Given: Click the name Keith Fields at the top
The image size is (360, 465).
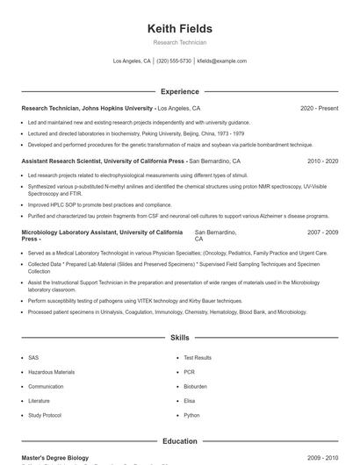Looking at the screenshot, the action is [180, 29].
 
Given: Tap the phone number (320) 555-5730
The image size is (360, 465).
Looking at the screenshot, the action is [174, 61].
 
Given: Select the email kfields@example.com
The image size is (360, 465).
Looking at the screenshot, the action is [221, 61].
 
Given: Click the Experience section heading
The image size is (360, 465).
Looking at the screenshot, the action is [180, 91].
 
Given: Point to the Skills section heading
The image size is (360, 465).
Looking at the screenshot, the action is [180, 337].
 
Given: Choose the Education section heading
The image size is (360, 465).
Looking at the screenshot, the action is [180, 441].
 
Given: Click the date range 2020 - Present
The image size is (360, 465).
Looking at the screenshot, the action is [319, 109].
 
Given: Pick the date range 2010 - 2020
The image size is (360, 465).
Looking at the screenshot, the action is [322, 161].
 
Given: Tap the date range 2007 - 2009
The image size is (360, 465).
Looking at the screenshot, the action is [322, 232].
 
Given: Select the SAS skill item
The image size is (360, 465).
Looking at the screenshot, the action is [33, 358].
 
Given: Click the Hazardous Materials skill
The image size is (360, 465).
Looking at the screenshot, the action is [52, 372].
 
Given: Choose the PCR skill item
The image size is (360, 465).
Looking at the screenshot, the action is [190, 372].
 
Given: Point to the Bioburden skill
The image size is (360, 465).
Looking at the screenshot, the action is [195, 386].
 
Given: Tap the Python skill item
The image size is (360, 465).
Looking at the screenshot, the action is [191, 415].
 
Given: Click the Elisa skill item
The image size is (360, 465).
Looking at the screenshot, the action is [191, 401].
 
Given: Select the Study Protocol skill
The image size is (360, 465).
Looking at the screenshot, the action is [45, 415].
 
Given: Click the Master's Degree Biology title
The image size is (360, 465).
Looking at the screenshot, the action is [55, 458].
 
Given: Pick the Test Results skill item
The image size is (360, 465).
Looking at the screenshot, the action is [198, 358].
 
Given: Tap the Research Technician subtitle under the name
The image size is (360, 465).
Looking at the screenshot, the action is [180, 42].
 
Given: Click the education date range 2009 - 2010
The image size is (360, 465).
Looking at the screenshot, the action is [322, 458].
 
